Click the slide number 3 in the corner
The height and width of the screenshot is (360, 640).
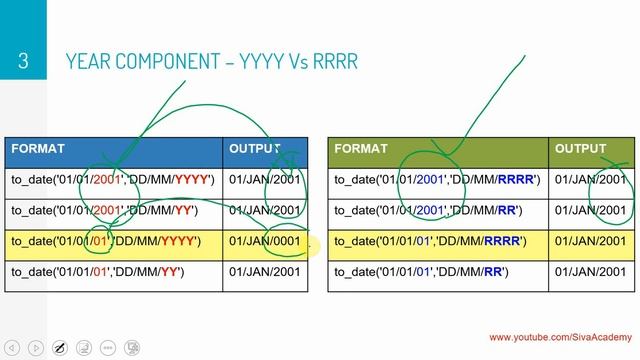click(x=22, y=62)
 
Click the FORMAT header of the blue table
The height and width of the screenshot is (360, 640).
click(x=38, y=149)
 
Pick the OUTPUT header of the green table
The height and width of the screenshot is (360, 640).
click(x=581, y=149)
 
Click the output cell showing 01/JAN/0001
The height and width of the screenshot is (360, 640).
click(x=265, y=241)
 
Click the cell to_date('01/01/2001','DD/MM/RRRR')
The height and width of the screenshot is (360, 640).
click(x=436, y=180)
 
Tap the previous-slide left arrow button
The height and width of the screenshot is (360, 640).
click(x=13, y=347)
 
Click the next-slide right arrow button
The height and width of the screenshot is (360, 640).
click(x=36, y=347)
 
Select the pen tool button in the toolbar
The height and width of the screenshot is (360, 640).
click(x=60, y=347)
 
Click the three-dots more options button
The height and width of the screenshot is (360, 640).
click(x=133, y=347)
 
